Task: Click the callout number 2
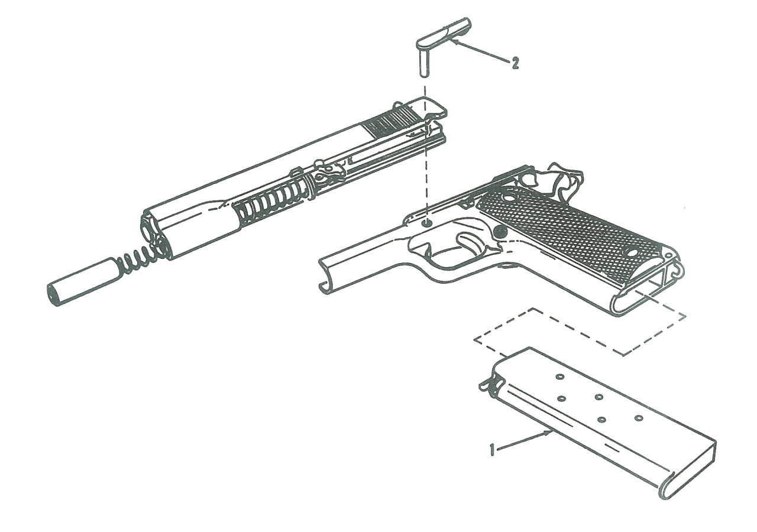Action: [x=515, y=63]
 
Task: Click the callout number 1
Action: [x=493, y=450]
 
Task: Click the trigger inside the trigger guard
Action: [x=467, y=242]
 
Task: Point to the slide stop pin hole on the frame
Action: [x=428, y=223]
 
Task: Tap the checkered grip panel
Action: [x=568, y=232]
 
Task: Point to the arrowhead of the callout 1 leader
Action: [x=549, y=432]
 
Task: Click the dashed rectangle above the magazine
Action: [x=580, y=332]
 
